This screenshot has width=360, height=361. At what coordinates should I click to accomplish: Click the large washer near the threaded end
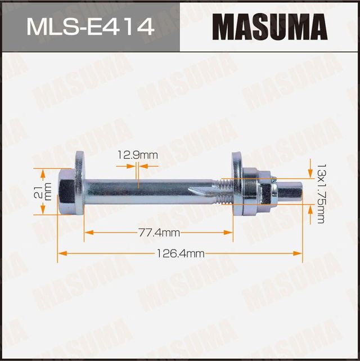point(236,184)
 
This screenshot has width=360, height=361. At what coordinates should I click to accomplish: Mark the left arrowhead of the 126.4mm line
point(61,253)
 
